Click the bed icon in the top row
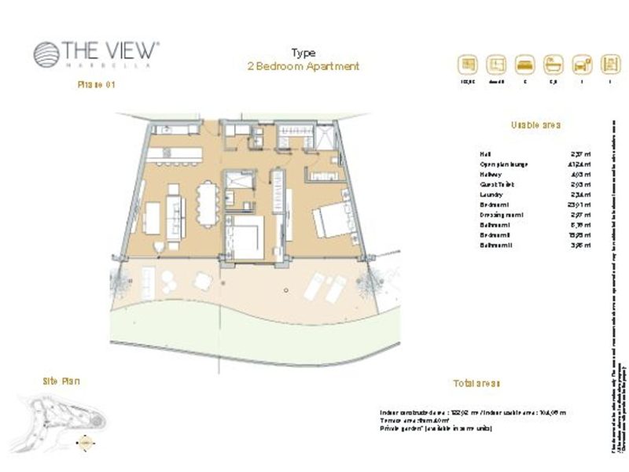pos(524,64)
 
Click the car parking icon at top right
pos(582,64)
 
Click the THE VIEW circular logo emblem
pos(46,54)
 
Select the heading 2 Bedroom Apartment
pos(303,67)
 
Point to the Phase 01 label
pos(97,85)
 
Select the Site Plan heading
pos(61,381)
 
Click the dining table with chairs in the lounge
pos(206,203)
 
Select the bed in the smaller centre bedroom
pos(245,236)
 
